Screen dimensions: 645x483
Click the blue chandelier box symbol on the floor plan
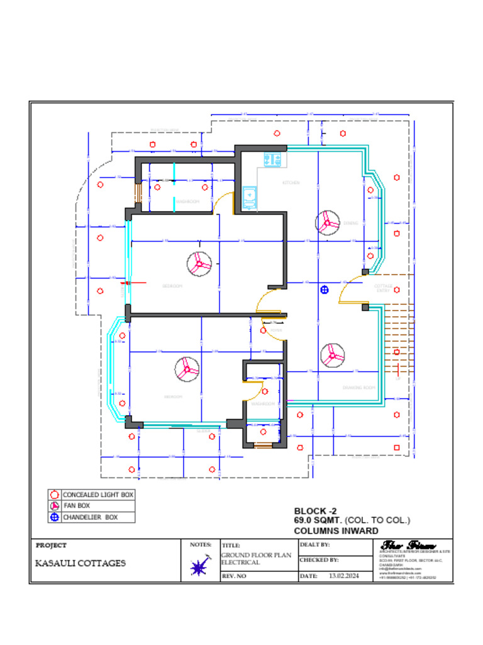(x=325, y=290)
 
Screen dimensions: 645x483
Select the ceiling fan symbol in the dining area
(x=328, y=222)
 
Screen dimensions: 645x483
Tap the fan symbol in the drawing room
(x=332, y=355)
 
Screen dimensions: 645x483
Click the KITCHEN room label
(x=291, y=183)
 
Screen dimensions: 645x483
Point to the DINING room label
(x=350, y=223)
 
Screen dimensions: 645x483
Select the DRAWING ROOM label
(x=358, y=387)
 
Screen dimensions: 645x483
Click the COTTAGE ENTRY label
(x=384, y=288)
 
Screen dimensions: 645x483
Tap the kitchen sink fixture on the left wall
(x=250, y=197)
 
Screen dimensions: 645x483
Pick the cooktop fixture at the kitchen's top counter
(x=272, y=160)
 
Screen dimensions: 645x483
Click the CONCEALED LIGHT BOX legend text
(x=97, y=495)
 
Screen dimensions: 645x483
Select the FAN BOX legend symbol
(x=55, y=506)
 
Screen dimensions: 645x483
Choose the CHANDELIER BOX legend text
(x=90, y=517)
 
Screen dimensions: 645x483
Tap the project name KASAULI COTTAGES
(x=80, y=563)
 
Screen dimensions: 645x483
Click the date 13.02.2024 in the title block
(x=343, y=576)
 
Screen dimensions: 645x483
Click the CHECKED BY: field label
(x=319, y=559)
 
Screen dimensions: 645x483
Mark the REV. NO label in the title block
(x=233, y=576)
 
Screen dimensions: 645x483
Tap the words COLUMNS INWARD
(x=336, y=531)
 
